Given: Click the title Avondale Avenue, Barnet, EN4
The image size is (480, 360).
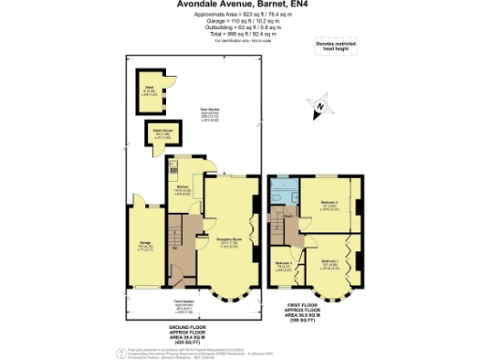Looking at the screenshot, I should tap(239, 7).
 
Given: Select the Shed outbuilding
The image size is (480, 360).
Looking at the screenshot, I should tap(148, 92).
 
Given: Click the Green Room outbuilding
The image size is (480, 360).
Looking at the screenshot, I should tap(156, 135).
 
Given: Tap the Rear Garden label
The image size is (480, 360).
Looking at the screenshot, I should tap(195, 118).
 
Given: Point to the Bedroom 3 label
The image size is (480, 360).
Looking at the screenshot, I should tap(283, 265).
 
